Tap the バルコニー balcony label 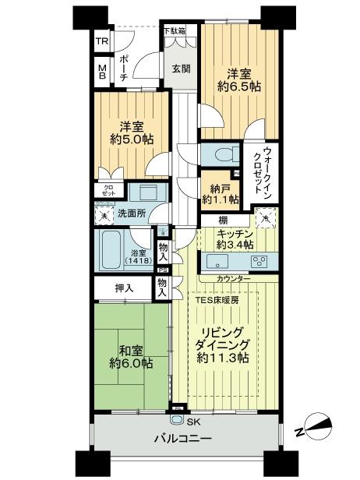[184, 439]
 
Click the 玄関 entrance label [180, 69]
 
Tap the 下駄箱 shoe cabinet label [175, 31]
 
